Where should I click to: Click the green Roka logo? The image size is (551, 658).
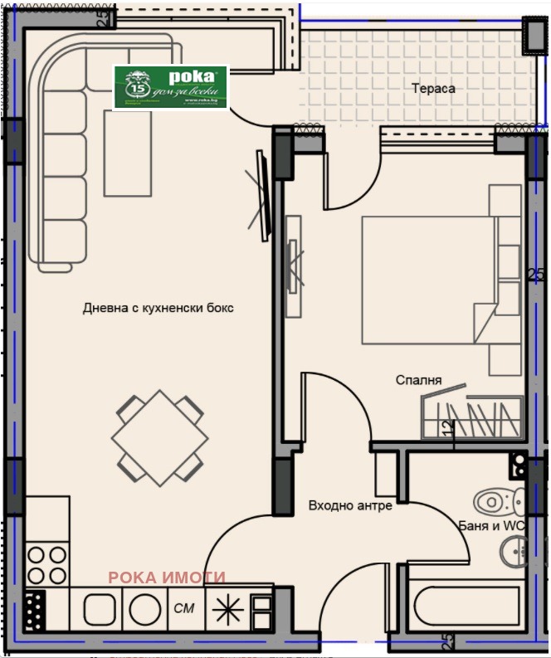point(170,88)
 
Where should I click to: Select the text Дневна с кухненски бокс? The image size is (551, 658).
point(158,308)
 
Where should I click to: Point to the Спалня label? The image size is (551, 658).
point(418,380)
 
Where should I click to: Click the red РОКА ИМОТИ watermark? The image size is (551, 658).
point(167,578)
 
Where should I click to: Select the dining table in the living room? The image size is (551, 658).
point(159,437)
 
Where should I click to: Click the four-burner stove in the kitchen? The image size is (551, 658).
point(46,564)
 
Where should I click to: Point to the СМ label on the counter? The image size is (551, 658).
point(184,608)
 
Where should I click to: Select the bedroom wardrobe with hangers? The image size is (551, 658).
point(471,415)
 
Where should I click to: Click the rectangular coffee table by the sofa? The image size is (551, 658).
point(127,154)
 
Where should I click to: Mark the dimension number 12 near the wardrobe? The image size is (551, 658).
point(448,428)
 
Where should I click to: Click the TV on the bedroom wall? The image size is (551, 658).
point(293,266)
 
